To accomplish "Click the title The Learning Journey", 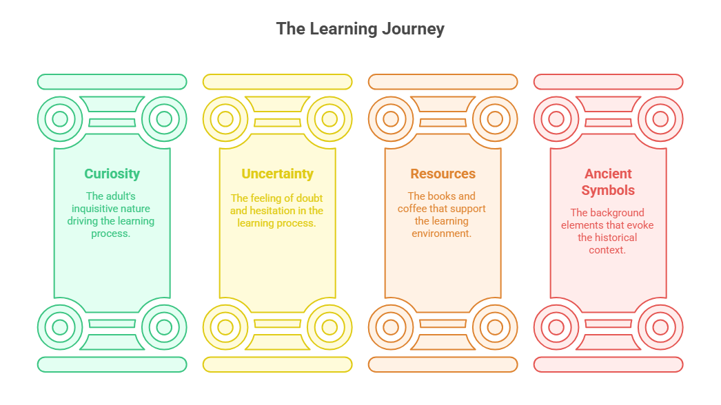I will click(x=360, y=29).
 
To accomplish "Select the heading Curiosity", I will click(x=112, y=174).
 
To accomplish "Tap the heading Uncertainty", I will click(x=277, y=174).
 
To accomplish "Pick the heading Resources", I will click(x=443, y=174).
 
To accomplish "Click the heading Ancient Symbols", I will click(x=608, y=182).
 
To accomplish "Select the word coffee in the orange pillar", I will click(x=414, y=209).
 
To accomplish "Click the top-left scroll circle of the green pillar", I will click(x=60, y=119).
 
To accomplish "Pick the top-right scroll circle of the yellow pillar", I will click(x=329, y=119).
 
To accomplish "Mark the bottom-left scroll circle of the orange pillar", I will click(x=391, y=326).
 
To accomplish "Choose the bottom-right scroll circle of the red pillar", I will click(x=660, y=326).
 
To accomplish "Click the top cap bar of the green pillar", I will click(x=112, y=82).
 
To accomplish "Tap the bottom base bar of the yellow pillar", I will click(x=277, y=364).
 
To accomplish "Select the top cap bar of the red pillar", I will click(x=608, y=82).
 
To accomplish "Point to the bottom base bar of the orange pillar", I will click(x=443, y=364).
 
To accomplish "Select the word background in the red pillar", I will click(x=616, y=213).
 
